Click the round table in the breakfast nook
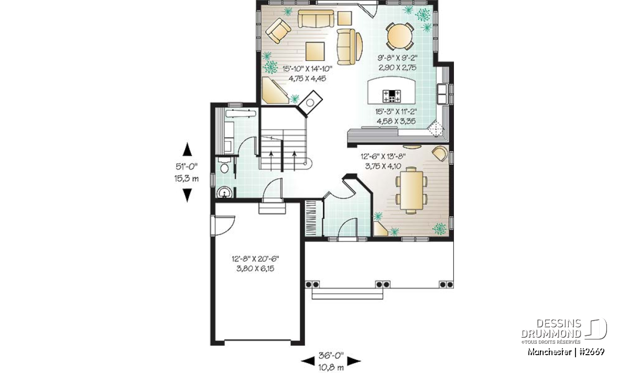400,36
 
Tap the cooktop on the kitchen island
392,96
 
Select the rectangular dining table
411,190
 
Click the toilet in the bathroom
225,165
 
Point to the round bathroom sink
224,193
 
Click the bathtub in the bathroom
241,114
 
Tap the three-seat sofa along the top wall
316,19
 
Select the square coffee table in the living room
315,51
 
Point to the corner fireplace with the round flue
310,103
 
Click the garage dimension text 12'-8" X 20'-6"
255,259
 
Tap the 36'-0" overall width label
331,356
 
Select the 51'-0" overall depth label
187,167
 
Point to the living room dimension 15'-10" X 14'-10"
307,68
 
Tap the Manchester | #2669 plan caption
566,352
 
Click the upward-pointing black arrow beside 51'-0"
187,150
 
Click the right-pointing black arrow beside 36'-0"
354,361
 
